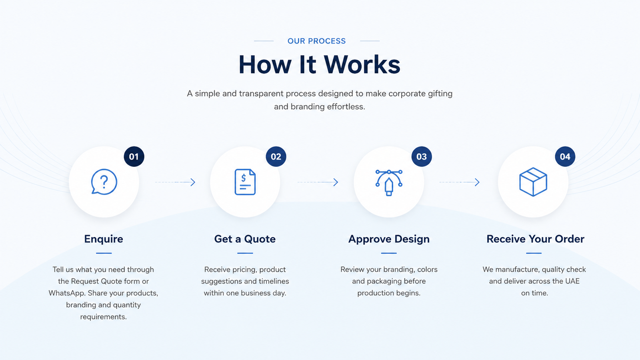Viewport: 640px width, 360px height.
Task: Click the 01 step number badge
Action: (134, 156)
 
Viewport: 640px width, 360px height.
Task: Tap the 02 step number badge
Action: (276, 156)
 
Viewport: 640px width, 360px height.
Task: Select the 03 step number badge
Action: (422, 156)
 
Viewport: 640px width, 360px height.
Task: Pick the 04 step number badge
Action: (565, 156)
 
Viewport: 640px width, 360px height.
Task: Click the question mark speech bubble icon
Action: (104, 182)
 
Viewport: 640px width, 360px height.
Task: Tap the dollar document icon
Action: (245, 182)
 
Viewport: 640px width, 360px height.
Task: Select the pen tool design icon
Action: (389, 183)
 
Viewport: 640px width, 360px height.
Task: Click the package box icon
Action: (533, 182)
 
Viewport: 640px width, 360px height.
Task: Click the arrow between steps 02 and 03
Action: (318, 182)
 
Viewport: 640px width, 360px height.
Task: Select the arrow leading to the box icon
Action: (460, 182)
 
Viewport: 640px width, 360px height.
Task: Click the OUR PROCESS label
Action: (316, 41)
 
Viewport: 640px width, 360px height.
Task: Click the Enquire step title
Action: (104, 239)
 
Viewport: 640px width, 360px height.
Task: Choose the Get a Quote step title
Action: (245, 239)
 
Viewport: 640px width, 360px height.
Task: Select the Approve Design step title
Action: (389, 239)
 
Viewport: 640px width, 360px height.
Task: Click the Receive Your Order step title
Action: (536, 239)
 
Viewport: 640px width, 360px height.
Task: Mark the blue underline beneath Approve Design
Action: (389, 253)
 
